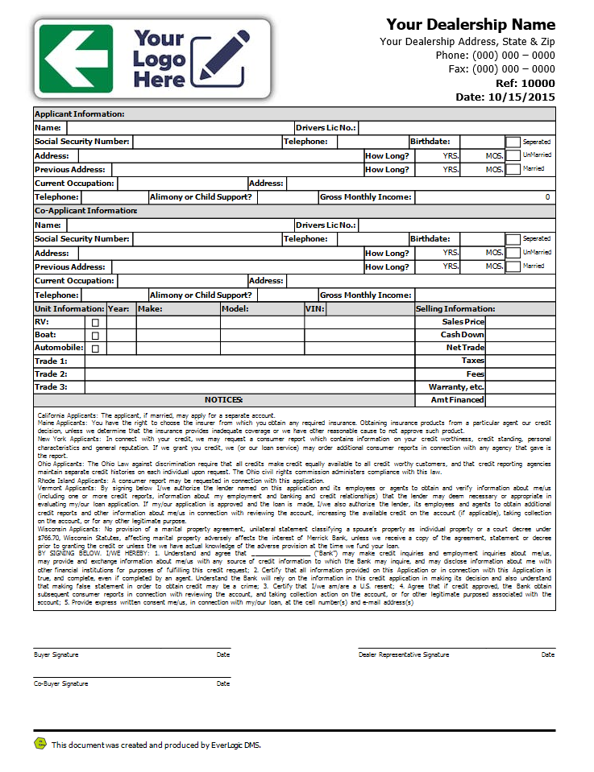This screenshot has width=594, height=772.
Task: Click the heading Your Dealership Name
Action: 471,24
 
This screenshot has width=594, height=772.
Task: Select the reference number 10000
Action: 538,83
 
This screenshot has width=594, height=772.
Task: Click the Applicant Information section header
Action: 79,114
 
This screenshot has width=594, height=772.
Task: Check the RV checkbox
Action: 95,322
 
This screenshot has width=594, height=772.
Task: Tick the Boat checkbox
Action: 95,335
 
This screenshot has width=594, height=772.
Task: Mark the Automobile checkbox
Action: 95,349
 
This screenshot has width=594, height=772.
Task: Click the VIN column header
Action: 314,308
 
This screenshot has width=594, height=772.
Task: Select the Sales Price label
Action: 463,322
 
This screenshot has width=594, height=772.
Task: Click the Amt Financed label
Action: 458,400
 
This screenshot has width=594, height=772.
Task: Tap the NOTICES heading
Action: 223,400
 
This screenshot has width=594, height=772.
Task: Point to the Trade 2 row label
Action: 51,374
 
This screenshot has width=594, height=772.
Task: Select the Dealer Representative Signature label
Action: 404,654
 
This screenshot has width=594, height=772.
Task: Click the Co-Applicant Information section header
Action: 85,211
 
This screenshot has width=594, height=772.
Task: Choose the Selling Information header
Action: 455,308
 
